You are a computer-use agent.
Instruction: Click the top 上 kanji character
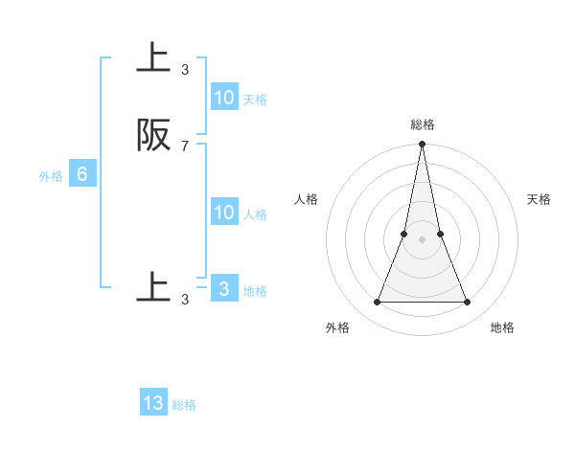(x=154, y=58)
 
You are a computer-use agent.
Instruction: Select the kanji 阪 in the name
(x=154, y=136)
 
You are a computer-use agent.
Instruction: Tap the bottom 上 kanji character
(x=154, y=288)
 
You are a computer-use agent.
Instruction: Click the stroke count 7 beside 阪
(x=185, y=146)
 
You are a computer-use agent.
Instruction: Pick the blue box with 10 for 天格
(x=224, y=98)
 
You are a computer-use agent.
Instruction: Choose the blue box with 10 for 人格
(x=224, y=213)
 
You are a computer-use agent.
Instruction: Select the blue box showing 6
(x=82, y=174)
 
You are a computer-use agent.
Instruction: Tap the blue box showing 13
(x=153, y=403)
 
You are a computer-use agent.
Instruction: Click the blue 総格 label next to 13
(x=184, y=405)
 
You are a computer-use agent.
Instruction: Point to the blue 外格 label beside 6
(x=51, y=176)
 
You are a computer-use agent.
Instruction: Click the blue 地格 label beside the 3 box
(x=255, y=291)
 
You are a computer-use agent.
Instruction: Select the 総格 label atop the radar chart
(x=423, y=124)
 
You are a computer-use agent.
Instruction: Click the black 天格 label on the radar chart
(x=540, y=199)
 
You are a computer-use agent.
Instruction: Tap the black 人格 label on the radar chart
(x=307, y=199)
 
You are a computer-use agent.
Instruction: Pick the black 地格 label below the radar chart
(x=502, y=327)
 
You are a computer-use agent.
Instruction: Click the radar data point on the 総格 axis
(x=423, y=145)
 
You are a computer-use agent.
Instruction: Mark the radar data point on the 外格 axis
(x=378, y=303)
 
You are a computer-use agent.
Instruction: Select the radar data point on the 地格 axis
(x=468, y=303)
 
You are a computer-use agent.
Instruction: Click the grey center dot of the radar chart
(x=423, y=239)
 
